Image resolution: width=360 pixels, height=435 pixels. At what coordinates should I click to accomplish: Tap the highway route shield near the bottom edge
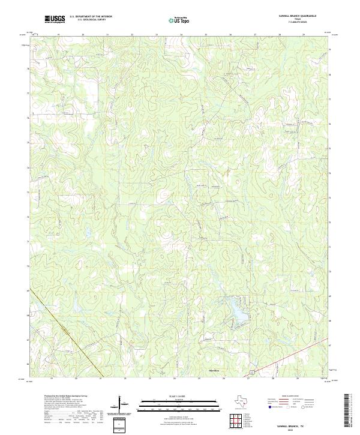point(253,373)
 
